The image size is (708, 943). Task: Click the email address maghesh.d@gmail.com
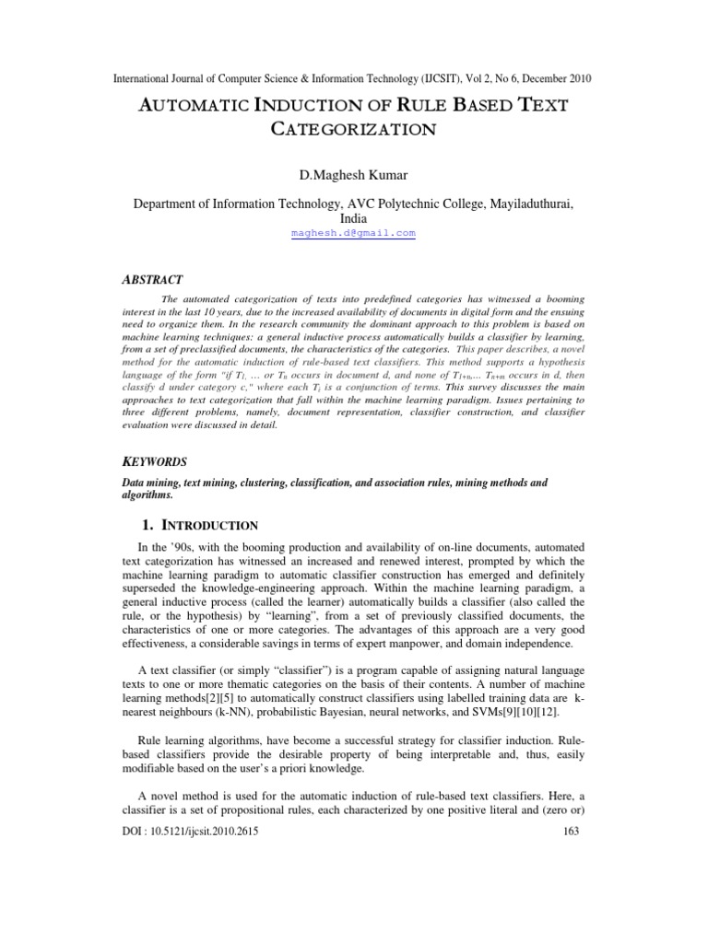353,234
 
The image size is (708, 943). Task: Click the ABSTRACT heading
153,279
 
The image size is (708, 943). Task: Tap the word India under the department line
353,219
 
